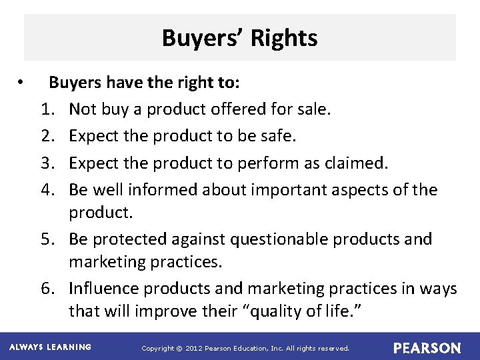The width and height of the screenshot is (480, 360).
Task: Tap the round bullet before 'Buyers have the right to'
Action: (x=22, y=83)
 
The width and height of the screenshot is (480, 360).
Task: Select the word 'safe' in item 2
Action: (x=277, y=135)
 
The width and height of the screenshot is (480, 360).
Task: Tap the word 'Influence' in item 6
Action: (x=106, y=289)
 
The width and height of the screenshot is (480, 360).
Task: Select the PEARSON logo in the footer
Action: (x=427, y=348)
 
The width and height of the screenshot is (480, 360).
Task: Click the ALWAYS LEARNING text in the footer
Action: (x=50, y=347)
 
